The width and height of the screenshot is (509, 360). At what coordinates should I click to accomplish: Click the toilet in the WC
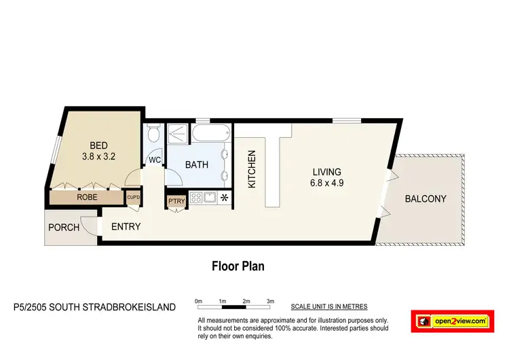pyautogui.click(x=154, y=134)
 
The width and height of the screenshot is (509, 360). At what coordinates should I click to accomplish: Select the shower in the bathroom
pyautogui.click(x=178, y=134)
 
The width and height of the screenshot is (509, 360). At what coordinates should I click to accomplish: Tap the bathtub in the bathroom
pyautogui.click(x=212, y=133)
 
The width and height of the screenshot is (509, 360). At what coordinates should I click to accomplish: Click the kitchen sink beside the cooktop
pyautogui.click(x=210, y=198)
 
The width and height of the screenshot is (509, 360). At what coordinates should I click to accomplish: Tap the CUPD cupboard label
pyautogui.click(x=134, y=198)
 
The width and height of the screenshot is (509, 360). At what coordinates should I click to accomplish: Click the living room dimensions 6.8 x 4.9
pyautogui.click(x=326, y=183)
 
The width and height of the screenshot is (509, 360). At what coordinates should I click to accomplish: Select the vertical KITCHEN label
pyautogui.click(x=251, y=169)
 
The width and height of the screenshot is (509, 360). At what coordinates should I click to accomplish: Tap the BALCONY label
pyautogui.click(x=426, y=199)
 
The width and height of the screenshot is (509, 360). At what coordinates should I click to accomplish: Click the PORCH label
pyautogui.click(x=63, y=228)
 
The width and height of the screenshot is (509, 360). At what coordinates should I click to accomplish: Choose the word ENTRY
pyautogui.click(x=126, y=226)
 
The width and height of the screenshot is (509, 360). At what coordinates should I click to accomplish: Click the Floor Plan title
pyautogui.click(x=238, y=266)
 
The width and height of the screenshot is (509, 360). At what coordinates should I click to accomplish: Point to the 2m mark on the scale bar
pyautogui.click(x=246, y=300)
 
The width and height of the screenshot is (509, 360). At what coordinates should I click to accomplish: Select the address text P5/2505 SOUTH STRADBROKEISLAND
pyautogui.click(x=94, y=307)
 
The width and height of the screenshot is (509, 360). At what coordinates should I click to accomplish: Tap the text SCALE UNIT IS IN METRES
pyautogui.click(x=335, y=307)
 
